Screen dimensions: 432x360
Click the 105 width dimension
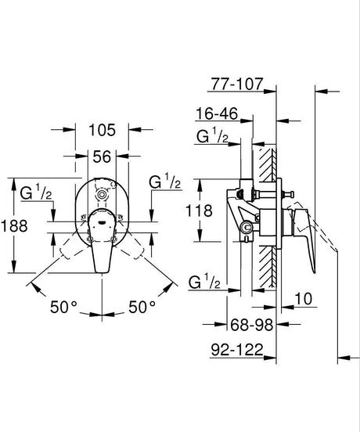102,129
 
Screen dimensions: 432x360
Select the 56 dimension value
102,157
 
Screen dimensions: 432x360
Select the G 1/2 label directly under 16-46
213,139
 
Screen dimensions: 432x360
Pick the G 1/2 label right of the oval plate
164,182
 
